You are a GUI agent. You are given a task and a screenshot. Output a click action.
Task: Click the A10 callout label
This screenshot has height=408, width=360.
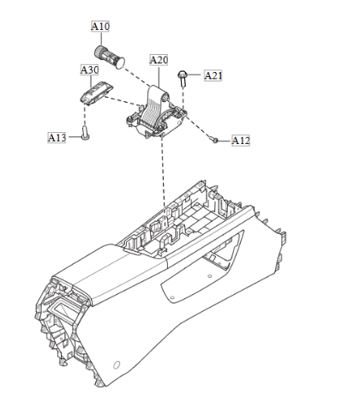[101, 27]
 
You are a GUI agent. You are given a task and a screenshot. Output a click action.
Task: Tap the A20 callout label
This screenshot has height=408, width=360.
[159, 60]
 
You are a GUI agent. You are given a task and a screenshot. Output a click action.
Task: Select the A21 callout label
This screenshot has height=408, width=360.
[214, 75]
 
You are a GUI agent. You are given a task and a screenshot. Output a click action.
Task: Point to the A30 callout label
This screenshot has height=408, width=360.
[90, 69]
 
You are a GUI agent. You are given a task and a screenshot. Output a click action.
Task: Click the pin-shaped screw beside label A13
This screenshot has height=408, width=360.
[86, 133]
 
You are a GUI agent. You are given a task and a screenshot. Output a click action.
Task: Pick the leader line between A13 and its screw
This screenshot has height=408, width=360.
[74, 135]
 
